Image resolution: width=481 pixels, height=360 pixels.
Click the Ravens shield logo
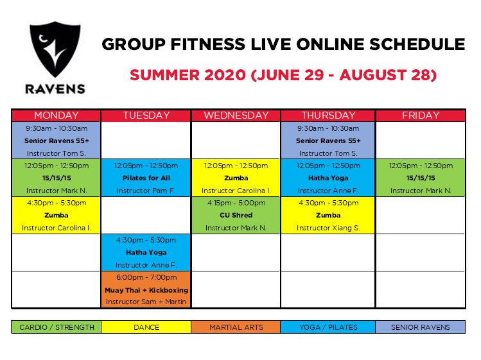click(55, 49)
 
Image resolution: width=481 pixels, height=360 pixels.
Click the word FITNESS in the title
click(208, 44)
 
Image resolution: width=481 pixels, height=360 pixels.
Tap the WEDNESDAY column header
click(236, 116)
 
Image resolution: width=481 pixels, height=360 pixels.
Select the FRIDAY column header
click(421, 116)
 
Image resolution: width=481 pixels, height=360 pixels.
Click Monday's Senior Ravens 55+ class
click(56, 141)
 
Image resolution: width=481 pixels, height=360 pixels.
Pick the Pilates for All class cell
click(146, 178)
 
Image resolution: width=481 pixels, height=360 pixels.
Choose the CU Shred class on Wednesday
click(236, 215)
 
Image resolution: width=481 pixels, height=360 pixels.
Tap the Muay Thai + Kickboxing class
click(146, 289)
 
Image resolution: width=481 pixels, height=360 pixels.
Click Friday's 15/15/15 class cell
click(421, 178)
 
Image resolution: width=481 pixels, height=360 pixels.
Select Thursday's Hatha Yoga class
click(328, 178)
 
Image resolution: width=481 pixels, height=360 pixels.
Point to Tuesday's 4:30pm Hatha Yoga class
click(146, 252)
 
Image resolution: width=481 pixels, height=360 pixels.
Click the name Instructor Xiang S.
click(328, 228)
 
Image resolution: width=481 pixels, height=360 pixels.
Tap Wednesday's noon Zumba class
click(236, 178)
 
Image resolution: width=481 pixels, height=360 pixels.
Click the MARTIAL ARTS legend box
click(236, 327)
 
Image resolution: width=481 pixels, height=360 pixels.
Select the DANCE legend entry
click(146, 327)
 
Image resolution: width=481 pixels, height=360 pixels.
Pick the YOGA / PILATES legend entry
click(328, 327)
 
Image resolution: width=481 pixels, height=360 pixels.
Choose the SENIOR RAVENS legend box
click(421, 327)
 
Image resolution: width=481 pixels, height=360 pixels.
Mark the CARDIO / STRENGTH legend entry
click(56, 327)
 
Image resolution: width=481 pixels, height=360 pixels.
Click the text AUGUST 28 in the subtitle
click(385, 75)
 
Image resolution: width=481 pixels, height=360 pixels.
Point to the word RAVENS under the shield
click(55, 89)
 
